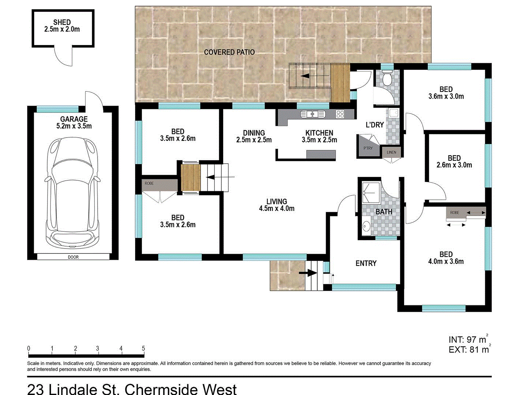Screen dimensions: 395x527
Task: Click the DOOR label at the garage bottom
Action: click(x=73, y=257)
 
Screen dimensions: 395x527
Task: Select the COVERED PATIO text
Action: click(x=229, y=52)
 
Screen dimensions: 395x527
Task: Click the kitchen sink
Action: click(x=313, y=114)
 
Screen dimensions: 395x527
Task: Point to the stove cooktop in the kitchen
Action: click(x=340, y=114)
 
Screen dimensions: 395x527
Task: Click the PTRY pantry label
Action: click(x=368, y=148)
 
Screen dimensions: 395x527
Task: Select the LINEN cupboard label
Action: click(x=391, y=152)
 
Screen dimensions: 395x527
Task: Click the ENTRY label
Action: click(x=366, y=263)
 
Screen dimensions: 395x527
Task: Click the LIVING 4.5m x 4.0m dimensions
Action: click(x=277, y=208)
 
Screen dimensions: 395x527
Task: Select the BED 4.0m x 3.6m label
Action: click(x=446, y=258)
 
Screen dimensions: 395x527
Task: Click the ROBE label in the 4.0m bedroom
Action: click(x=455, y=212)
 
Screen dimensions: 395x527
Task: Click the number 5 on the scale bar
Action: click(x=143, y=349)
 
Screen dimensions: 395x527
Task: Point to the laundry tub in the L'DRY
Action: click(x=393, y=113)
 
